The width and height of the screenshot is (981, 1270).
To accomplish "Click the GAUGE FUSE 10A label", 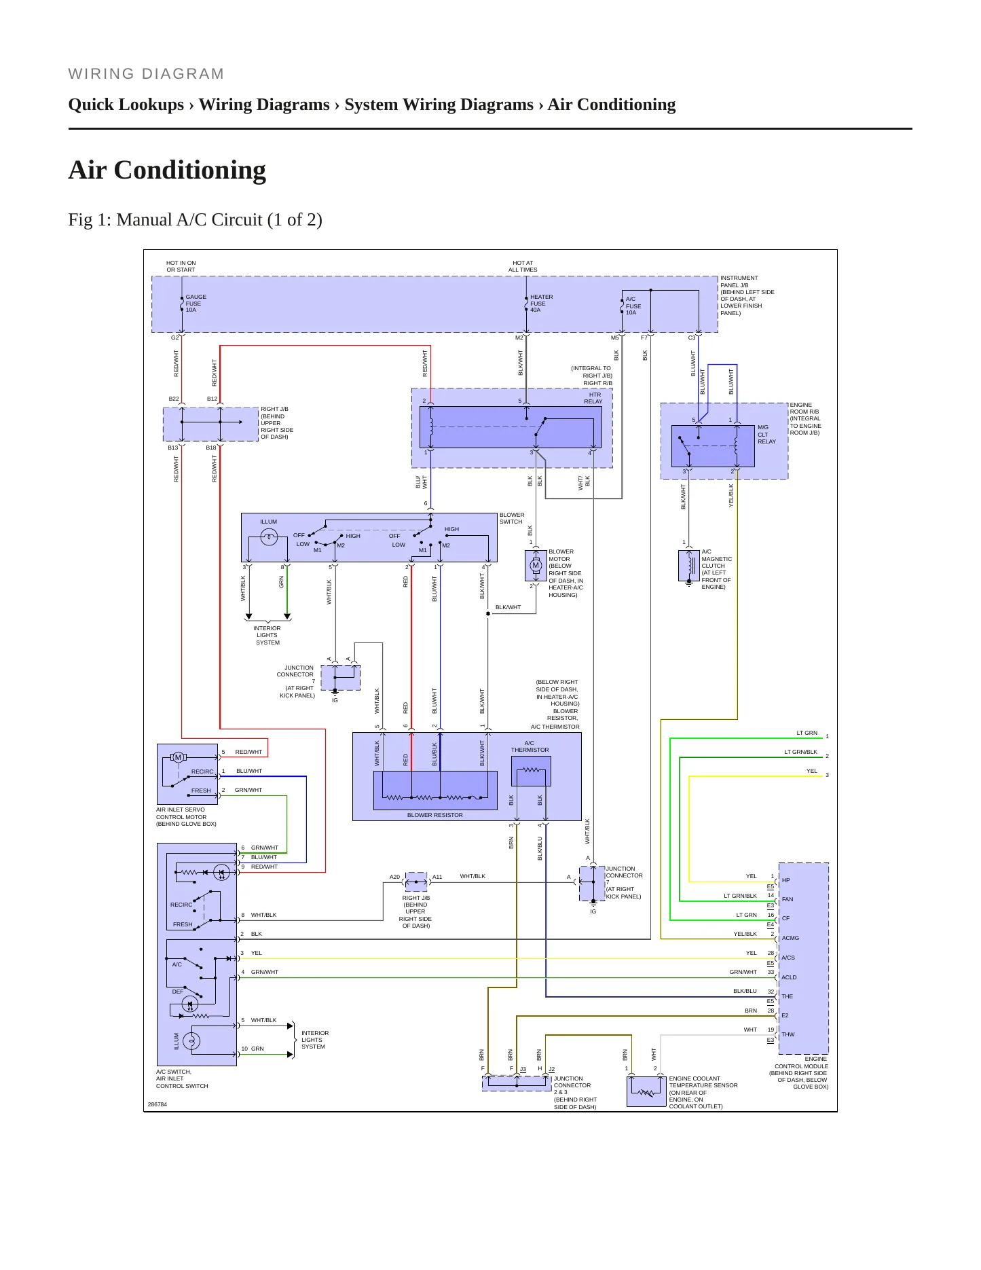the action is pyautogui.click(x=196, y=304).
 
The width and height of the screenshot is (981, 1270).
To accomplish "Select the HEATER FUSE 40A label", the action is pyautogui.click(x=541, y=304).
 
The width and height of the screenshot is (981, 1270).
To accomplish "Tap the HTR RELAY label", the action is pyautogui.click(x=593, y=398).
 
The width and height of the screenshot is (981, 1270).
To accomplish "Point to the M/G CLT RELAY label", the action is pyautogui.click(x=766, y=435).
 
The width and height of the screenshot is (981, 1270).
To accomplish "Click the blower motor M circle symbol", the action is pyautogui.click(x=535, y=565).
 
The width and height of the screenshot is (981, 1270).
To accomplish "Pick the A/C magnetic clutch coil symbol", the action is pyautogui.click(x=690, y=565).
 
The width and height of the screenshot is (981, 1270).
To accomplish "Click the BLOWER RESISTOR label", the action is pyautogui.click(x=434, y=815).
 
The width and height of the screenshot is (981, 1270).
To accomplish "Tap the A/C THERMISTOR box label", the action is pyautogui.click(x=530, y=746).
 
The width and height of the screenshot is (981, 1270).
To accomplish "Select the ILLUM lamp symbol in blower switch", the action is pyautogui.click(x=269, y=537).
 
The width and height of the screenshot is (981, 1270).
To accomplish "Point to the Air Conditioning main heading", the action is pyautogui.click(x=167, y=170).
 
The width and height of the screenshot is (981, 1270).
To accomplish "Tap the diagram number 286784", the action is pyautogui.click(x=157, y=1104).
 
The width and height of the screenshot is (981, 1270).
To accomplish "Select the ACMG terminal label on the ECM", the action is pyautogui.click(x=790, y=938).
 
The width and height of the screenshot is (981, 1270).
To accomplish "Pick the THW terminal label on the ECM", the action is pyautogui.click(x=788, y=1034).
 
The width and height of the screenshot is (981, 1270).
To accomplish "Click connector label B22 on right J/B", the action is pyautogui.click(x=174, y=399).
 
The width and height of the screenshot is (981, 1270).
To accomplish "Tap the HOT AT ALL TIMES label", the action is pyautogui.click(x=523, y=266).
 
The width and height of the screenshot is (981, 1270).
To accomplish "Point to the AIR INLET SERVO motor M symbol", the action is pyautogui.click(x=179, y=757).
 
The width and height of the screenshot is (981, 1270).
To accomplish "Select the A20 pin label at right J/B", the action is pyautogui.click(x=394, y=877).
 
